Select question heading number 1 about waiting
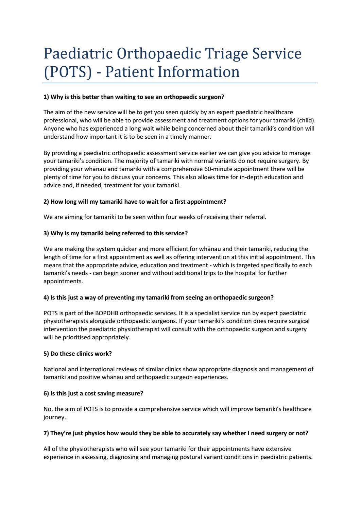point(134,97)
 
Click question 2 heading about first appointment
point(135,201)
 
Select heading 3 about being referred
point(116,233)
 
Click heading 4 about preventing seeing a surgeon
point(158,297)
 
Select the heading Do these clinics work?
point(78,353)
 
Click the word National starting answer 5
point(55,369)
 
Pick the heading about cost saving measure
point(93,393)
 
